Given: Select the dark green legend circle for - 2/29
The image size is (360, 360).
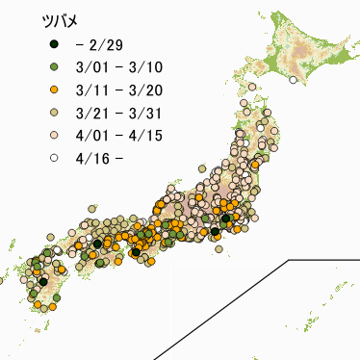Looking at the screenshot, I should point(55,45).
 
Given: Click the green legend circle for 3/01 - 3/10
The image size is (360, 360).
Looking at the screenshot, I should point(55,67).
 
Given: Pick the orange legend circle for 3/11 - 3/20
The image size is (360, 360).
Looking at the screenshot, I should point(55,90).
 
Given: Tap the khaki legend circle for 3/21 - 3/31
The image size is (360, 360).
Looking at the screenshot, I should point(55,112).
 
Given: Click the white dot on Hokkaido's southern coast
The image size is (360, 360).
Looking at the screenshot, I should point(292,81).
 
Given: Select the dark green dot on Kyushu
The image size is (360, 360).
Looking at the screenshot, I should point(43,282).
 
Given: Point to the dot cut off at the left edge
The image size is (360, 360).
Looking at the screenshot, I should point(2,281).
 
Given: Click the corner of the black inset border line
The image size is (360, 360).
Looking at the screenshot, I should point(288,260).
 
